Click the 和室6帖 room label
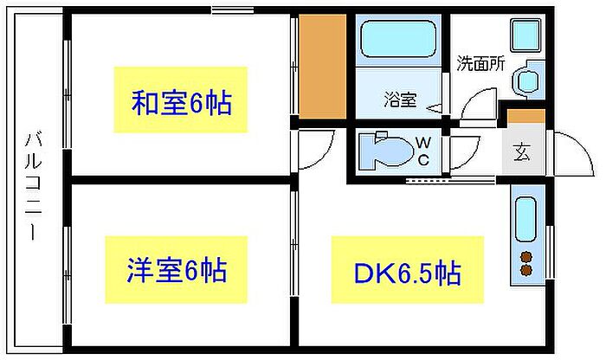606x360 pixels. click(181, 104)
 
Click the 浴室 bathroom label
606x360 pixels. click(399, 99)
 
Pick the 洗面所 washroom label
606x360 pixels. click(480, 63)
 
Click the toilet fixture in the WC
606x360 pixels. click(381, 150)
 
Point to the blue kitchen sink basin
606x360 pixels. click(525, 220)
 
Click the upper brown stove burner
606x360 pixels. click(525, 255)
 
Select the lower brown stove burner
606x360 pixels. click(525, 270)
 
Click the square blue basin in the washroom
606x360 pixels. click(525, 35)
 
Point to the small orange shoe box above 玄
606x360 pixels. click(525, 116)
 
